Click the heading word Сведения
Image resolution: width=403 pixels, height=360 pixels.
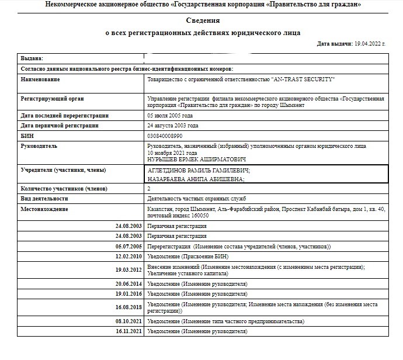(x=203, y=21)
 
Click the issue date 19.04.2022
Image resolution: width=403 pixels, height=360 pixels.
(x=368, y=44)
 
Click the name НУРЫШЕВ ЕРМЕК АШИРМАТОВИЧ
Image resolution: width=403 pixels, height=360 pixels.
(x=196, y=159)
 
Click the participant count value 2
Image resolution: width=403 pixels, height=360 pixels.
(x=150, y=189)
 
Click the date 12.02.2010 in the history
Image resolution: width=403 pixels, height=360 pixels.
(x=128, y=257)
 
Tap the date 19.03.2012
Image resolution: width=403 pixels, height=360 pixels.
(x=128, y=270)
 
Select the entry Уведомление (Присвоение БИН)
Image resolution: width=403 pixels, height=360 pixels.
(x=189, y=257)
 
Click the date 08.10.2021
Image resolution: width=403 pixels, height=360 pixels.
(x=128, y=321)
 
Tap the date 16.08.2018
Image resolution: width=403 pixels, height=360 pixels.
(x=128, y=307)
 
